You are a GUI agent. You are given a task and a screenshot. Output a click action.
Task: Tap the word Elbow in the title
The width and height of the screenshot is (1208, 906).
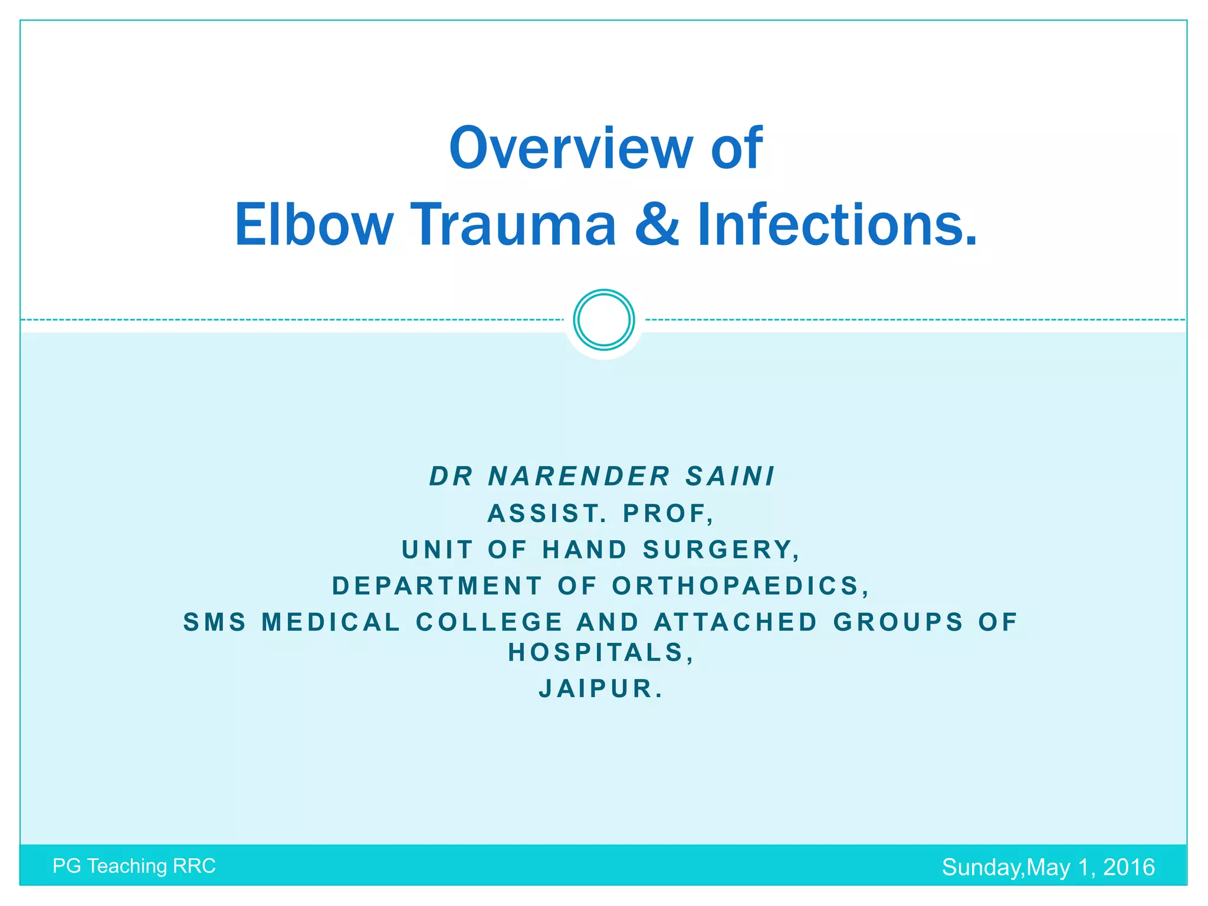pyautogui.click(x=314, y=225)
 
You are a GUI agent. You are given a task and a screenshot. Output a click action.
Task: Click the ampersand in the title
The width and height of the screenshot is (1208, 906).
pyautogui.click(x=656, y=225)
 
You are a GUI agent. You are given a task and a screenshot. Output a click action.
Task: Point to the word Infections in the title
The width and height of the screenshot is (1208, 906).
pyautogui.click(x=836, y=225)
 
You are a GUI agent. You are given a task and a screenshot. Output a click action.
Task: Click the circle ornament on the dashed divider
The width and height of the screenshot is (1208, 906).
pyautogui.click(x=603, y=320)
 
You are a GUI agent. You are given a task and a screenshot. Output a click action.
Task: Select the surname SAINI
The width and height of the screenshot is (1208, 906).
pyautogui.click(x=730, y=477)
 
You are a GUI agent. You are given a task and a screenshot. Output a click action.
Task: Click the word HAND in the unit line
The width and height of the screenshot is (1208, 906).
pyautogui.click(x=585, y=550)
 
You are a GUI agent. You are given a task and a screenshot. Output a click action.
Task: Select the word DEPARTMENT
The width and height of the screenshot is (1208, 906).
pyautogui.click(x=437, y=586)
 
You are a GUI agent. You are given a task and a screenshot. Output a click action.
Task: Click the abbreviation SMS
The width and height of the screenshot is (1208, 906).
pyautogui.click(x=215, y=622)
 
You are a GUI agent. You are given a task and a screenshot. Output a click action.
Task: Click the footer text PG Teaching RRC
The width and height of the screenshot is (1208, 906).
pyautogui.click(x=134, y=866)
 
